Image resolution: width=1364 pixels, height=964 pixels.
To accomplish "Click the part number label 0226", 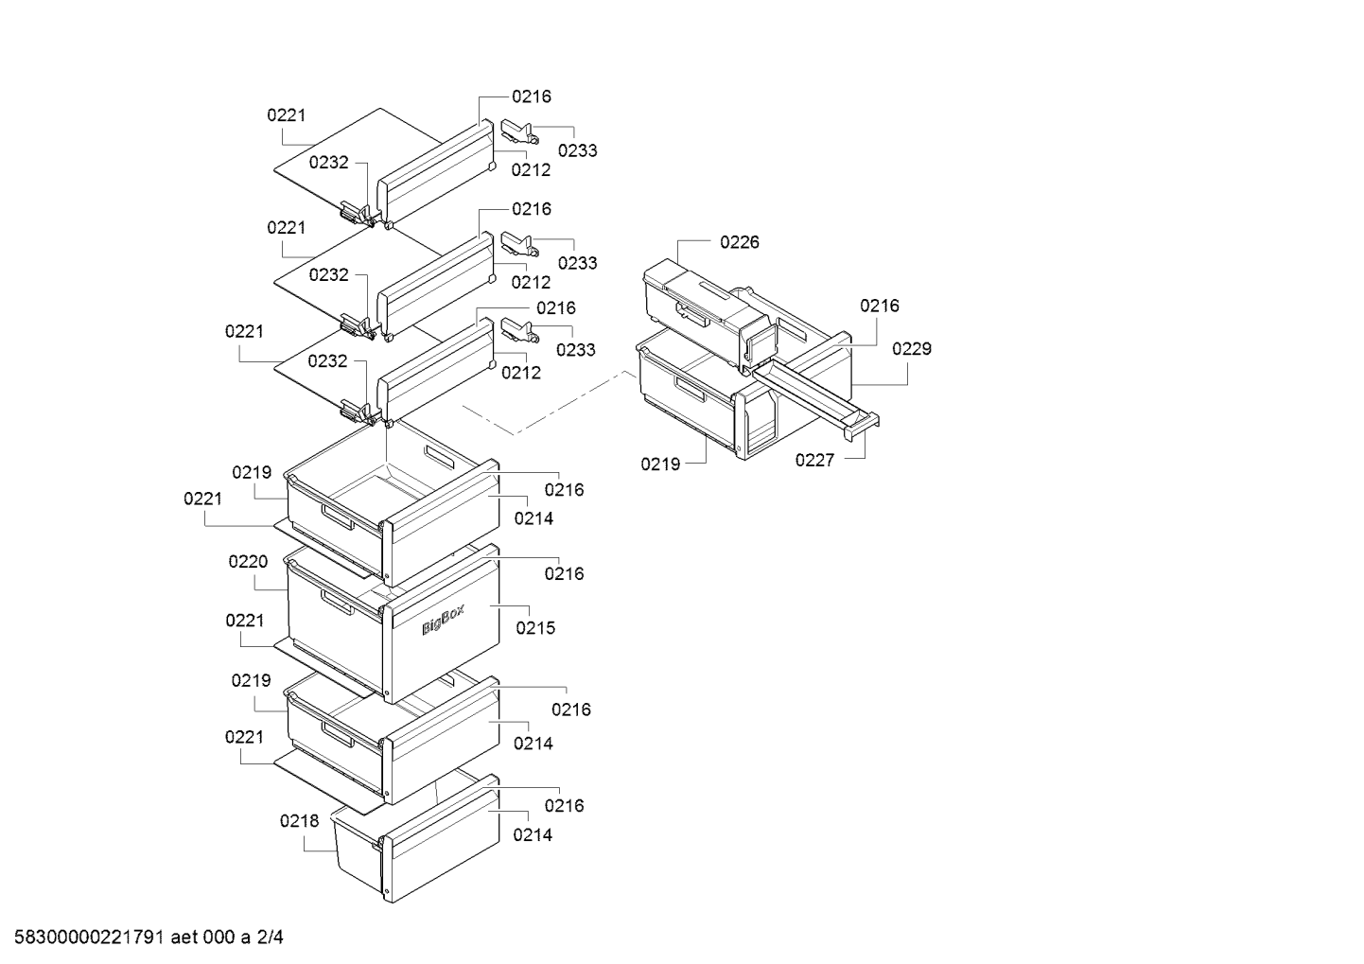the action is (x=740, y=242).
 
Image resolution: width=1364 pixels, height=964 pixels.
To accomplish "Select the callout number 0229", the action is (x=912, y=349).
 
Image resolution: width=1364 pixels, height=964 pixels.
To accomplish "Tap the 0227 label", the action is (x=814, y=461).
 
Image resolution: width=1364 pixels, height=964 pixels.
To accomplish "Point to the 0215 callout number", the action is (x=535, y=628).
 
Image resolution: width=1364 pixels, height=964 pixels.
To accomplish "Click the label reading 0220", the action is (x=248, y=562).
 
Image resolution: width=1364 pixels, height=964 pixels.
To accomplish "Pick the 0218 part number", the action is (x=299, y=821).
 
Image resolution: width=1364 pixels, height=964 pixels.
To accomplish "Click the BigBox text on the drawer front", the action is (x=444, y=620).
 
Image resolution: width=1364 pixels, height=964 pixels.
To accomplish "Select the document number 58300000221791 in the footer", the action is (x=89, y=938).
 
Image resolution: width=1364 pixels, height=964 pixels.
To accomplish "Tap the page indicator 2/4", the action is (x=270, y=938).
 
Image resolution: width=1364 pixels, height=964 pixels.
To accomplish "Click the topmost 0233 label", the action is (x=577, y=150).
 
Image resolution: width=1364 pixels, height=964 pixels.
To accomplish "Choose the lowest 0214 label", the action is (x=533, y=835).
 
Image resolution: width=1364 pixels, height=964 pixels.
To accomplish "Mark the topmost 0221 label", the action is (x=287, y=115).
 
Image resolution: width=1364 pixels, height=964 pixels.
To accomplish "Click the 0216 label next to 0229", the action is (x=880, y=306).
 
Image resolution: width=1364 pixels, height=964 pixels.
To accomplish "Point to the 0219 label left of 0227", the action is (x=660, y=464).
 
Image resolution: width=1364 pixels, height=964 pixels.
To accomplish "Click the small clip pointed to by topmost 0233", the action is (x=519, y=131).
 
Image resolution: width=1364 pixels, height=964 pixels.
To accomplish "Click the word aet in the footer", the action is (x=184, y=938).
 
